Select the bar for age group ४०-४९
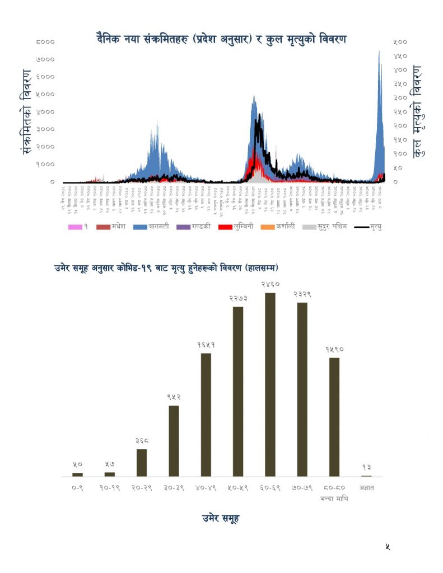[206, 415]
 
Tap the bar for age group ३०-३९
[174, 440]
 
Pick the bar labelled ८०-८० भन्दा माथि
[334, 417]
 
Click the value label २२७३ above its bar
[238, 299]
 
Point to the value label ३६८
[142, 441]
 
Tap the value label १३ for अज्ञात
[367, 467]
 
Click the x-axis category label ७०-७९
[302, 488]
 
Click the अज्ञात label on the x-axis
[367, 488]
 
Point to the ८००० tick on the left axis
[45, 41]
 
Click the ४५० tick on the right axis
[400, 55]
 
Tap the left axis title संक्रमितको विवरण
[26, 112]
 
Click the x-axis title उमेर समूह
[221, 518]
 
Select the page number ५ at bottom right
[388, 547]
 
